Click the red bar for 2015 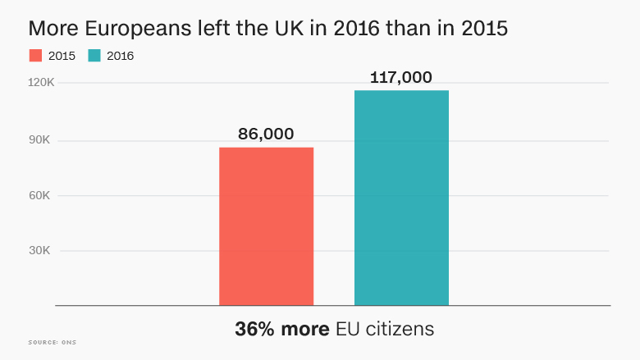266,226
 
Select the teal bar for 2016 401,198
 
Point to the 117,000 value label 401,78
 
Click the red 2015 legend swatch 36,56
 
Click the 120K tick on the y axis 39,83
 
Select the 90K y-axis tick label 40,139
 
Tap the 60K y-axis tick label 40,195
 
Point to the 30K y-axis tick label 40,251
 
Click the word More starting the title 52,28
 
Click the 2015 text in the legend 62,56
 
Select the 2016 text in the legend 121,56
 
